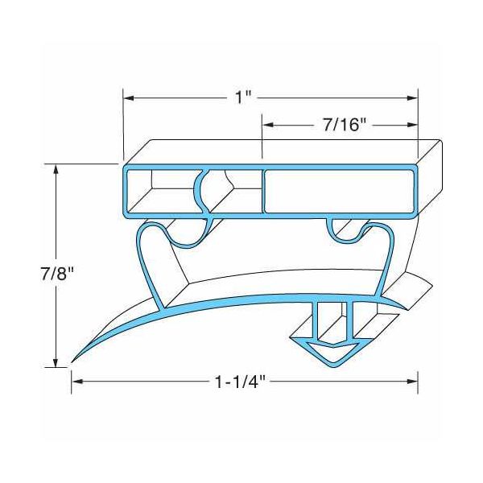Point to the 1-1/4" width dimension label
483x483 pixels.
241,380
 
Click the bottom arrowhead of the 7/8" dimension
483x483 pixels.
56,363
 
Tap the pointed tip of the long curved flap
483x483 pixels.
75,359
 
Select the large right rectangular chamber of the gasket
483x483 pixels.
341,192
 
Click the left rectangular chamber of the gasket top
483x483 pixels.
157,193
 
